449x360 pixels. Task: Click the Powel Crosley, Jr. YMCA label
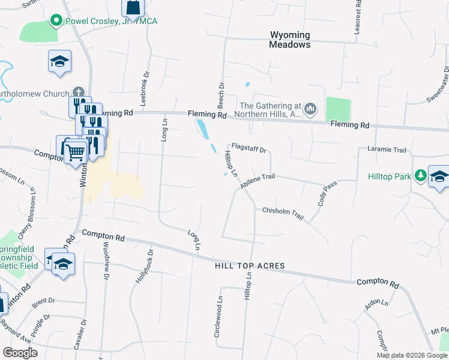(112, 22)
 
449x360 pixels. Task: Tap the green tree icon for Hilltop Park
(421, 176)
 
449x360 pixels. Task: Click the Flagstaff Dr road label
(249, 147)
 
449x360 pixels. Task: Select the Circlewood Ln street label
(219, 316)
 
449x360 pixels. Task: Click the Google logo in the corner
(20, 353)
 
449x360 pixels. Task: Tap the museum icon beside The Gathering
(310, 109)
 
